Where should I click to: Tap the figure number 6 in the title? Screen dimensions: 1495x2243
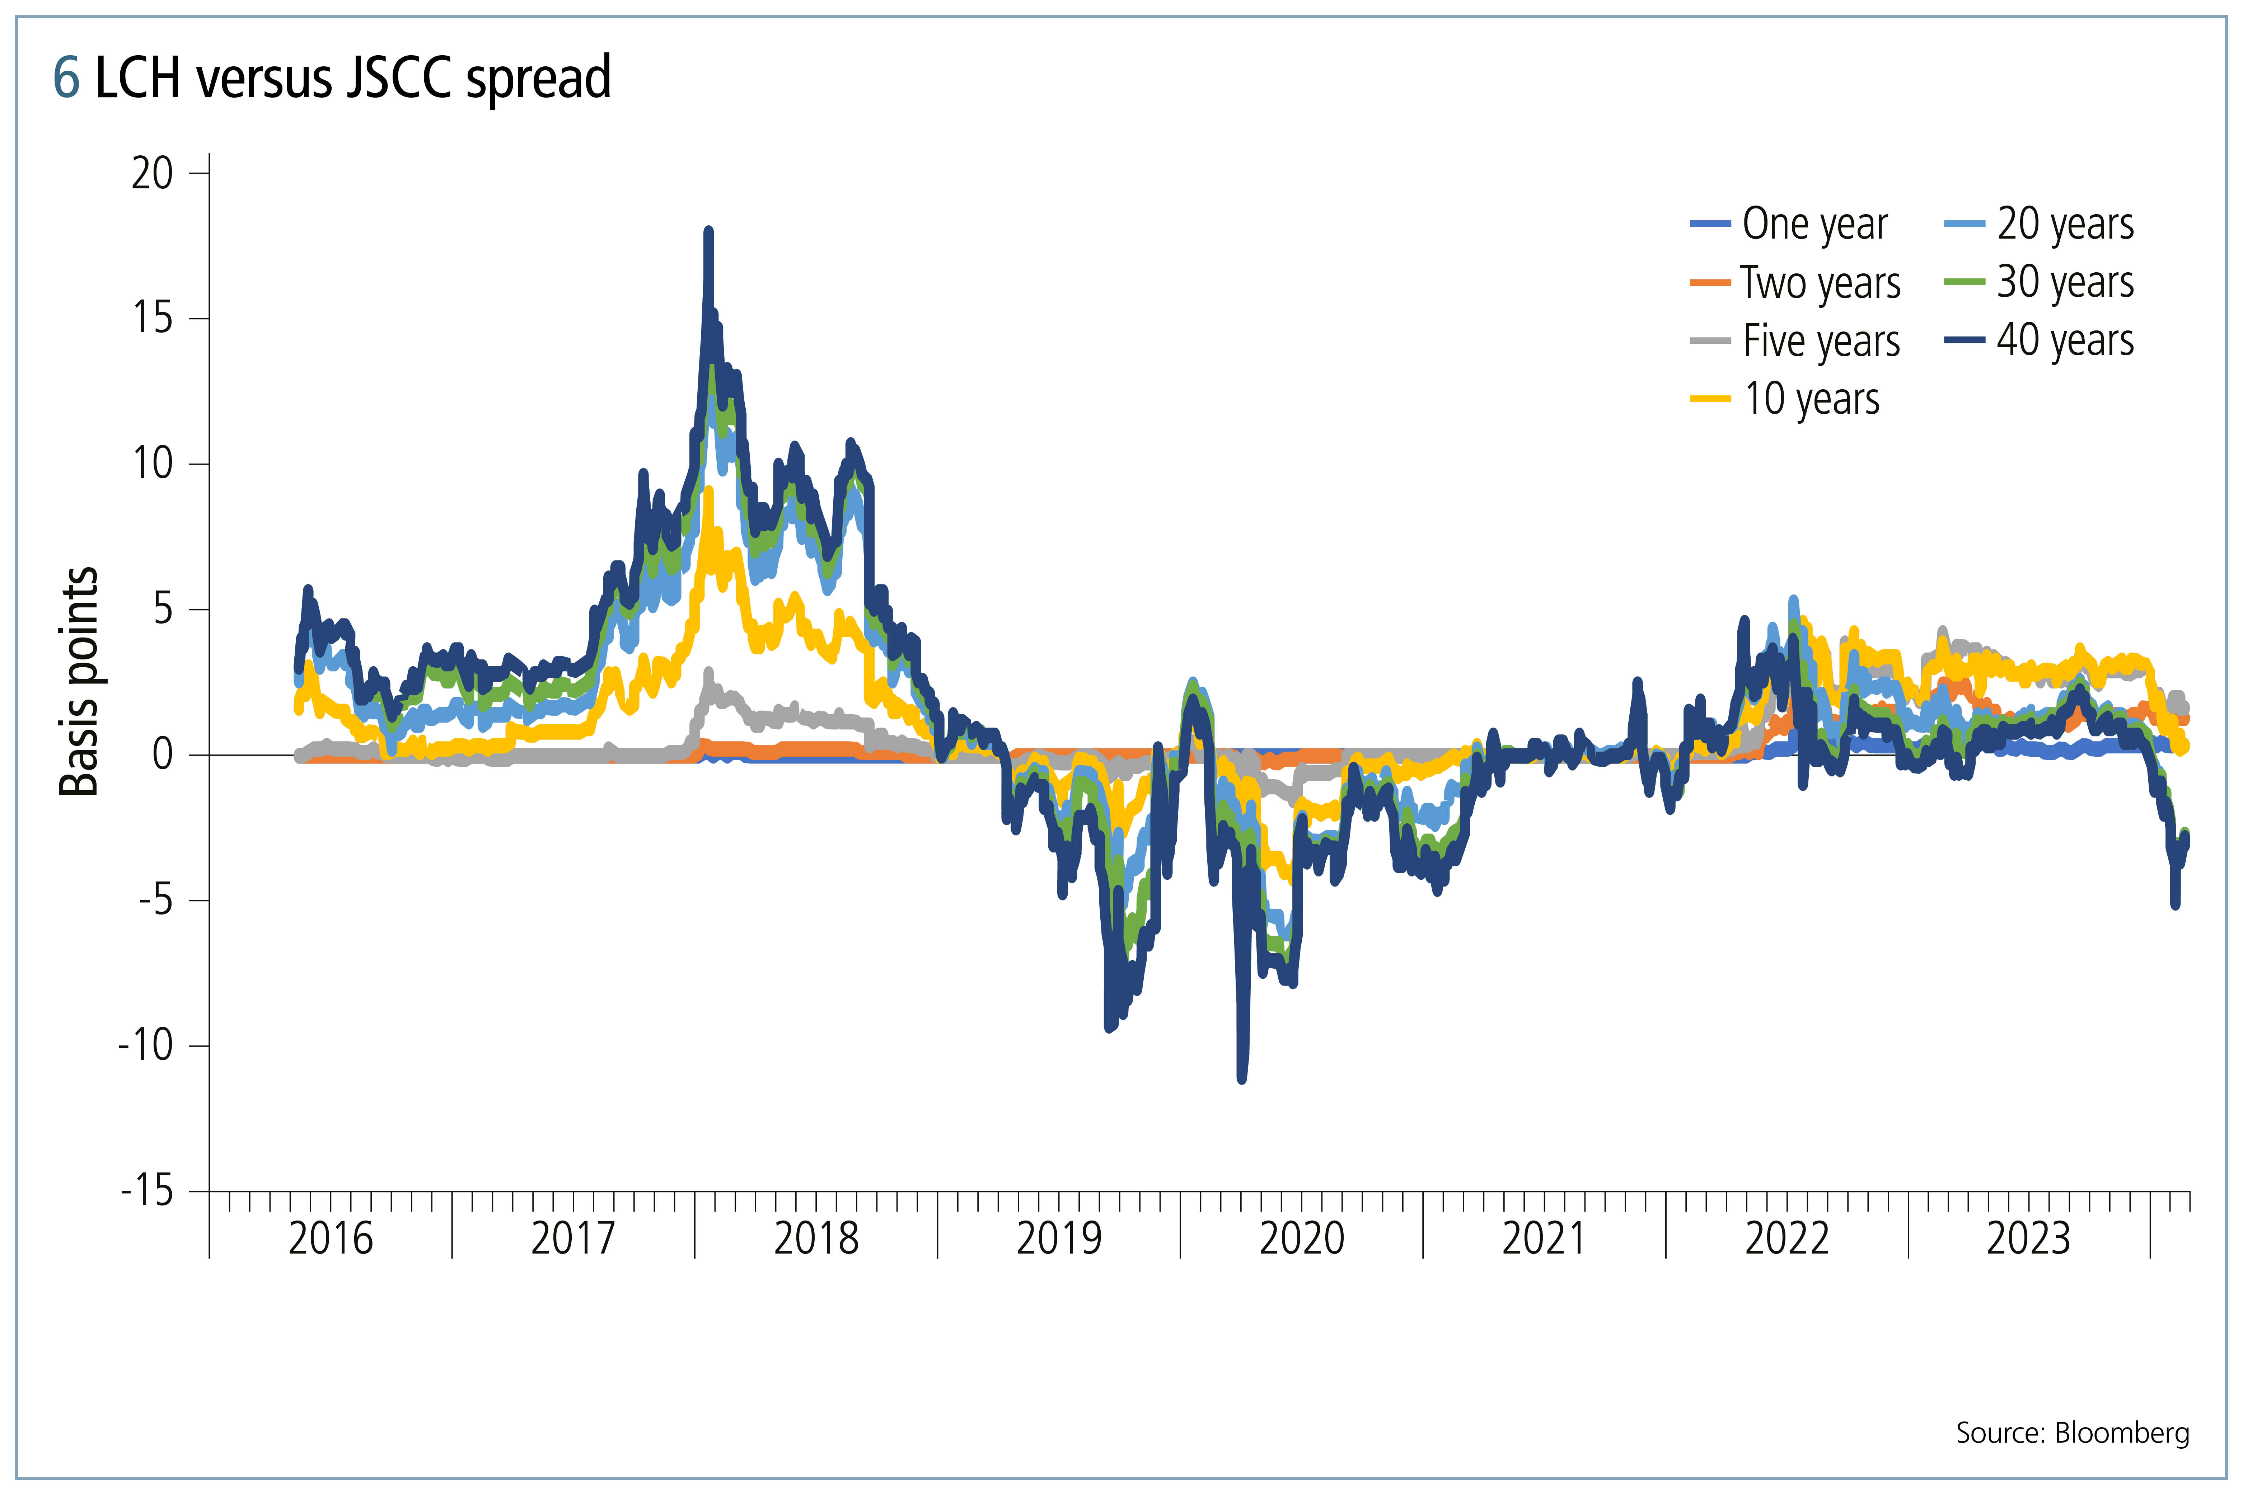coord(66,78)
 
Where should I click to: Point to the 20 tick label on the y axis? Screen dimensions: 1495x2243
coord(153,174)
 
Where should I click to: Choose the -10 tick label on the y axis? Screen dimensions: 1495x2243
coord(146,1045)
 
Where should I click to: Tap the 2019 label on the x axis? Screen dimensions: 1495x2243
coord(1059,1238)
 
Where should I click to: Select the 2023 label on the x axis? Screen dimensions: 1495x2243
coord(2028,1238)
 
